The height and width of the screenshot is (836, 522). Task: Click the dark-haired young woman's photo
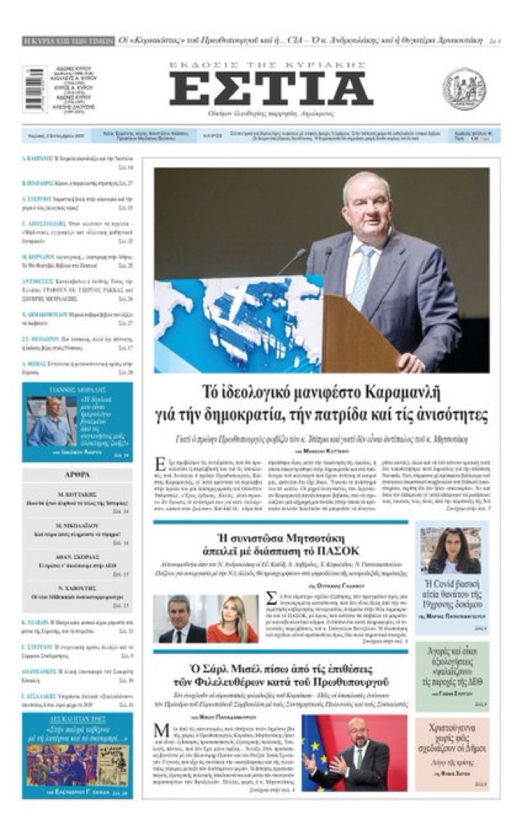point(451,551)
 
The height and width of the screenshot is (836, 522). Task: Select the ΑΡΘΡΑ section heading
point(77,475)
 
